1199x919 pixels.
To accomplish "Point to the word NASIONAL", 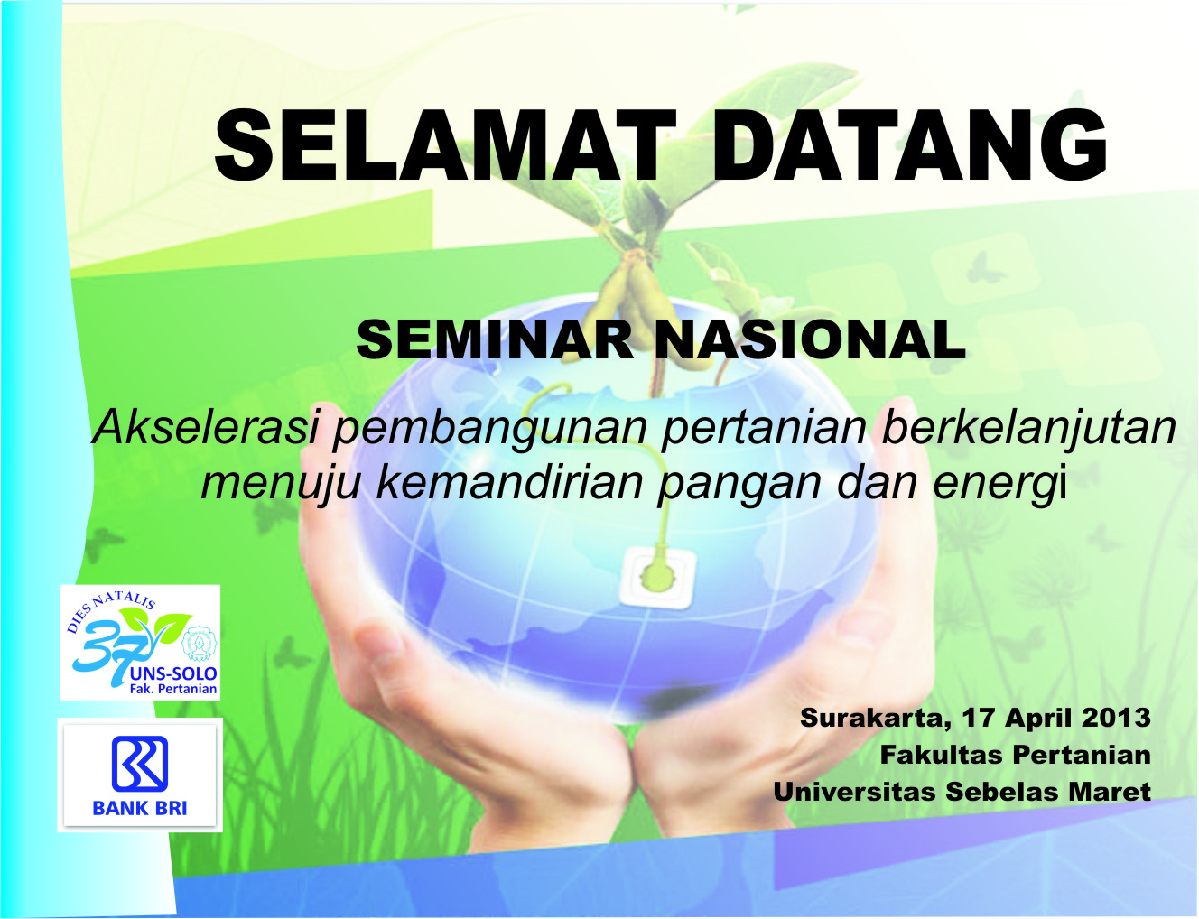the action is tap(810, 340).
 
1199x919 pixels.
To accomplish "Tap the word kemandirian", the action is tap(510, 482).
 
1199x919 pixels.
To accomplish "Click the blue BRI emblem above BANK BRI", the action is tap(140, 764).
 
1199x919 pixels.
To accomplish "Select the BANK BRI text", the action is tap(140, 809).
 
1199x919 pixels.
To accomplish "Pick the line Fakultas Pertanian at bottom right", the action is tap(1015, 756).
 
